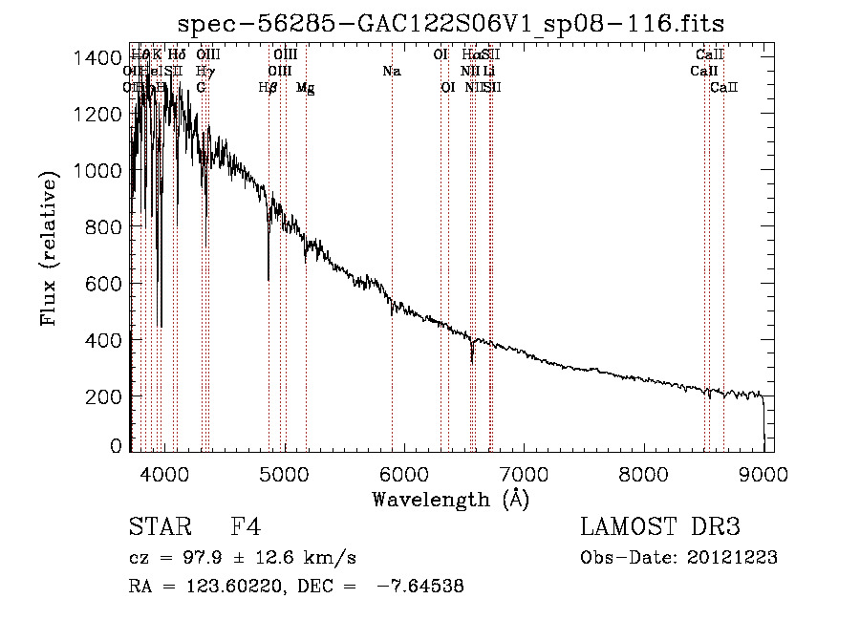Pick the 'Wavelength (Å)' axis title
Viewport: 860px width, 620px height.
450,499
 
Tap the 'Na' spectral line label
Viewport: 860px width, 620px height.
391,72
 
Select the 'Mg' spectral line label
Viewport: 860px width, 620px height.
306,88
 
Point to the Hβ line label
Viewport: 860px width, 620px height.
268,88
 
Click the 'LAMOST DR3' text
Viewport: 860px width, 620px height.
660,528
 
